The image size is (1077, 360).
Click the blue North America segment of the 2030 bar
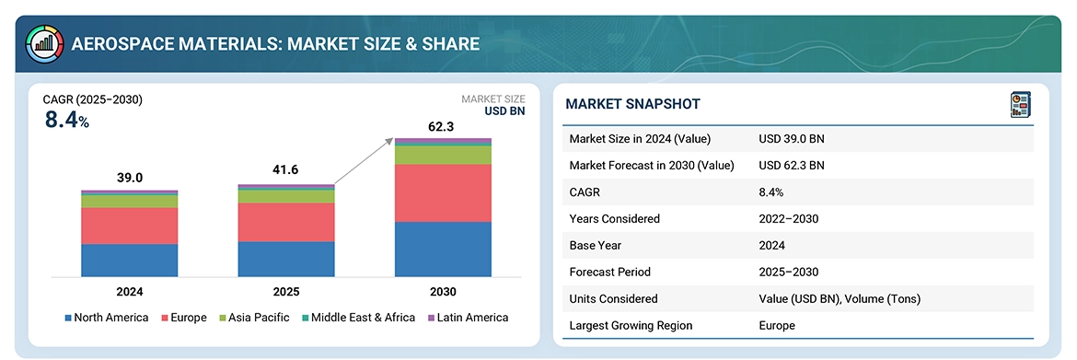click(x=443, y=250)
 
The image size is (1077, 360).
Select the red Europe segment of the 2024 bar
click(x=130, y=226)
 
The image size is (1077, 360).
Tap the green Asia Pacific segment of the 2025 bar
click(x=286, y=196)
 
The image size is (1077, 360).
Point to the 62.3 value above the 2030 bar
click(x=443, y=126)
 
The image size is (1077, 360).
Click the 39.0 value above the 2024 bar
click(x=130, y=178)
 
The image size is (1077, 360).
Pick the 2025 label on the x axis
click(x=286, y=292)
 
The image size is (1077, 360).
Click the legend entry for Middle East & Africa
click(x=358, y=318)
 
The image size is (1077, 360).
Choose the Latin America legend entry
click(x=468, y=318)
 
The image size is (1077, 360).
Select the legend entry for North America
click(x=107, y=318)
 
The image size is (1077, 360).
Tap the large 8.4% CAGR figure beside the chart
click(x=67, y=121)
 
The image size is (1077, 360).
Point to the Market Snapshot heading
click(x=632, y=104)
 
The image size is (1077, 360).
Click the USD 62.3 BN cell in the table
click(x=792, y=165)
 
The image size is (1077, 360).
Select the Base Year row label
click(x=595, y=245)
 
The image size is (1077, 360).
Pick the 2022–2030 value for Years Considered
click(x=789, y=218)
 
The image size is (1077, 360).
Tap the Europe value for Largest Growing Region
click(x=777, y=325)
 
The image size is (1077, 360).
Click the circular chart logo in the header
click(x=44, y=44)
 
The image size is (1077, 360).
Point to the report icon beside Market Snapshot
click(x=1021, y=105)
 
